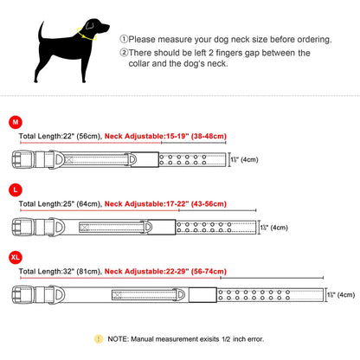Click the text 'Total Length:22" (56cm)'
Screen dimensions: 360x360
click(55, 135)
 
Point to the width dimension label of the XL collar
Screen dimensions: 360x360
click(339, 295)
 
